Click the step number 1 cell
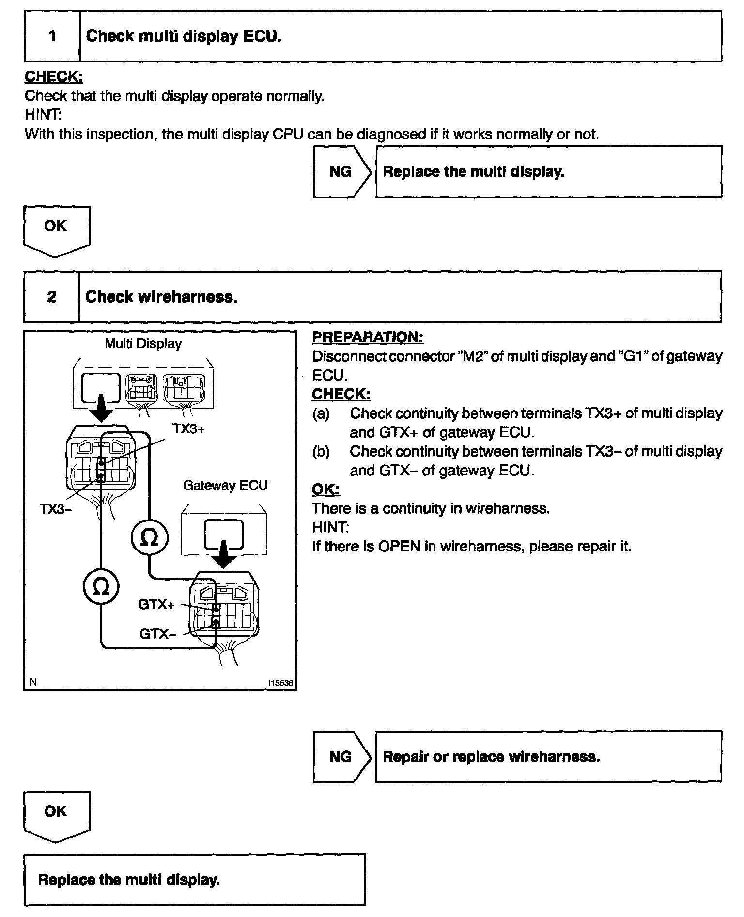(x=52, y=36)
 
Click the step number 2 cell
(x=52, y=297)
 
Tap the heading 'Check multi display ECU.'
(x=184, y=36)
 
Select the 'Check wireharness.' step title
(x=161, y=297)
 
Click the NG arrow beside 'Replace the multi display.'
(x=341, y=172)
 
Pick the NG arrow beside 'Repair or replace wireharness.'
(x=341, y=757)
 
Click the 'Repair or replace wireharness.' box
(x=548, y=757)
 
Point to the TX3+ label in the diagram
(x=188, y=429)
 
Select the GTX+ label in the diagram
(x=156, y=604)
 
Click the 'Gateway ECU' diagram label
(x=225, y=486)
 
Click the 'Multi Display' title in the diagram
(x=143, y=344)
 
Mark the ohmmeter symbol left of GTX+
(x=101, y=587)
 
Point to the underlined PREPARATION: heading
(x=368, y=337)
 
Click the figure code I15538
(x=281, y=683)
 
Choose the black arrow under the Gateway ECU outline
(x=223, y=556)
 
